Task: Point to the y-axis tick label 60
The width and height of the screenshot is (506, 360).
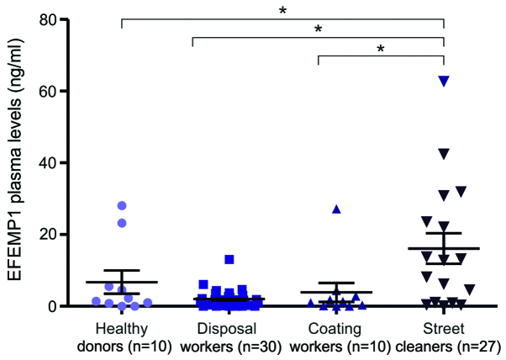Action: [58, 91]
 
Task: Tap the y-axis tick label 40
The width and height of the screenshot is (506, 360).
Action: [58, 162]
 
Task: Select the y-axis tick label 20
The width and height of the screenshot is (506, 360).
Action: [58, 235]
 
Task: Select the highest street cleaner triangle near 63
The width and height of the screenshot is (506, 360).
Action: [444, 81]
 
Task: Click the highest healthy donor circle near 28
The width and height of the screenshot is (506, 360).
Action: [122, 205]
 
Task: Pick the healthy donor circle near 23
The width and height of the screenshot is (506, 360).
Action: [122, 223]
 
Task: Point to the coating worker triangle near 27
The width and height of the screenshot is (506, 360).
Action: [336, 209]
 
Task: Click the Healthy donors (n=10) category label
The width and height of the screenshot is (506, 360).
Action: [123, 335]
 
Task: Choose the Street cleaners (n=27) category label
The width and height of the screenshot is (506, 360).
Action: [444, 335]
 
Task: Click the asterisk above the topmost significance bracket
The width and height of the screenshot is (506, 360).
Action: [282, 10]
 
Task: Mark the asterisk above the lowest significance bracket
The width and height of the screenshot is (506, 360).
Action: [381, 49]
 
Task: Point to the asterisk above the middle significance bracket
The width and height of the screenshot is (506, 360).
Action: [319, 29]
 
